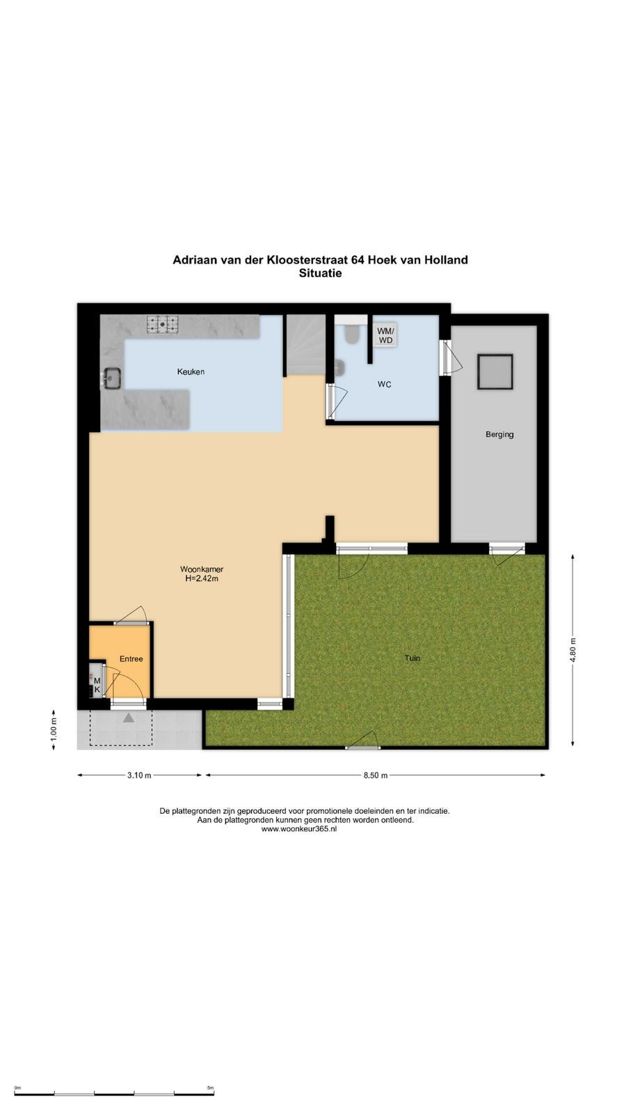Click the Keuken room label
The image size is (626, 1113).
click(191, 371)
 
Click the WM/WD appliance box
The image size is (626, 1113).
click(385, 335)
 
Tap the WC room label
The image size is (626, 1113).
click(384, 385)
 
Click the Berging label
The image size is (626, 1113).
click(499, 434)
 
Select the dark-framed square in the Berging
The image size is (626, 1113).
click(495, 371)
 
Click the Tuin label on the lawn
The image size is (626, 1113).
click(412, 658)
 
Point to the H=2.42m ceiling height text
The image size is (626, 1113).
click(202, 578)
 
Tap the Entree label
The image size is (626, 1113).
click(131, 659)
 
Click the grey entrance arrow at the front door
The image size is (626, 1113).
click(129, 717)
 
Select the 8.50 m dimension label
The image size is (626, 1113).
click(375, 775)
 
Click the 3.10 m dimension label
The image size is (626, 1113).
click(139, 775)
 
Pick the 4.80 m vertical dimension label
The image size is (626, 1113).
click(573, 650)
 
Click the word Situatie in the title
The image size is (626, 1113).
click(320, 273)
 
